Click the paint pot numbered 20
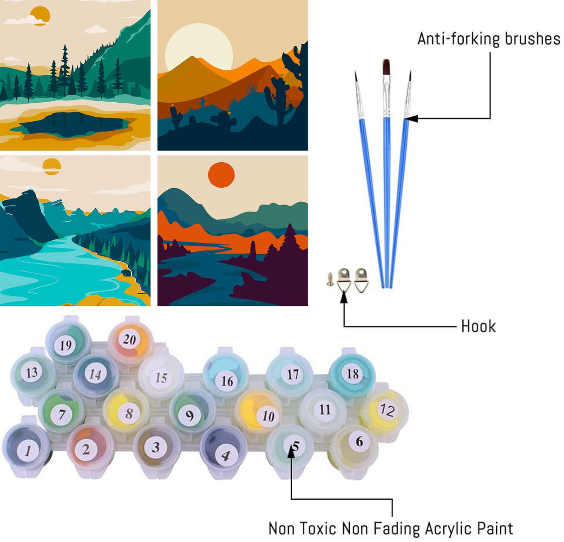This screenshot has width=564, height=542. (130, 341)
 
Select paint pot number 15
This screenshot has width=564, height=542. (160, 377)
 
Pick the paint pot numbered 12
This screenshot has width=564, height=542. (386, 410)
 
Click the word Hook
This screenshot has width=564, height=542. (478, 326)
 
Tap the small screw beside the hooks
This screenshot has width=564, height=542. (330, 279)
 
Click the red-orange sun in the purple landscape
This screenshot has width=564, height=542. (221, 175)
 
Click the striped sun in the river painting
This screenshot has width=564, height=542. (52, 166)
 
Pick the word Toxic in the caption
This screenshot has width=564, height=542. (319, 529)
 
